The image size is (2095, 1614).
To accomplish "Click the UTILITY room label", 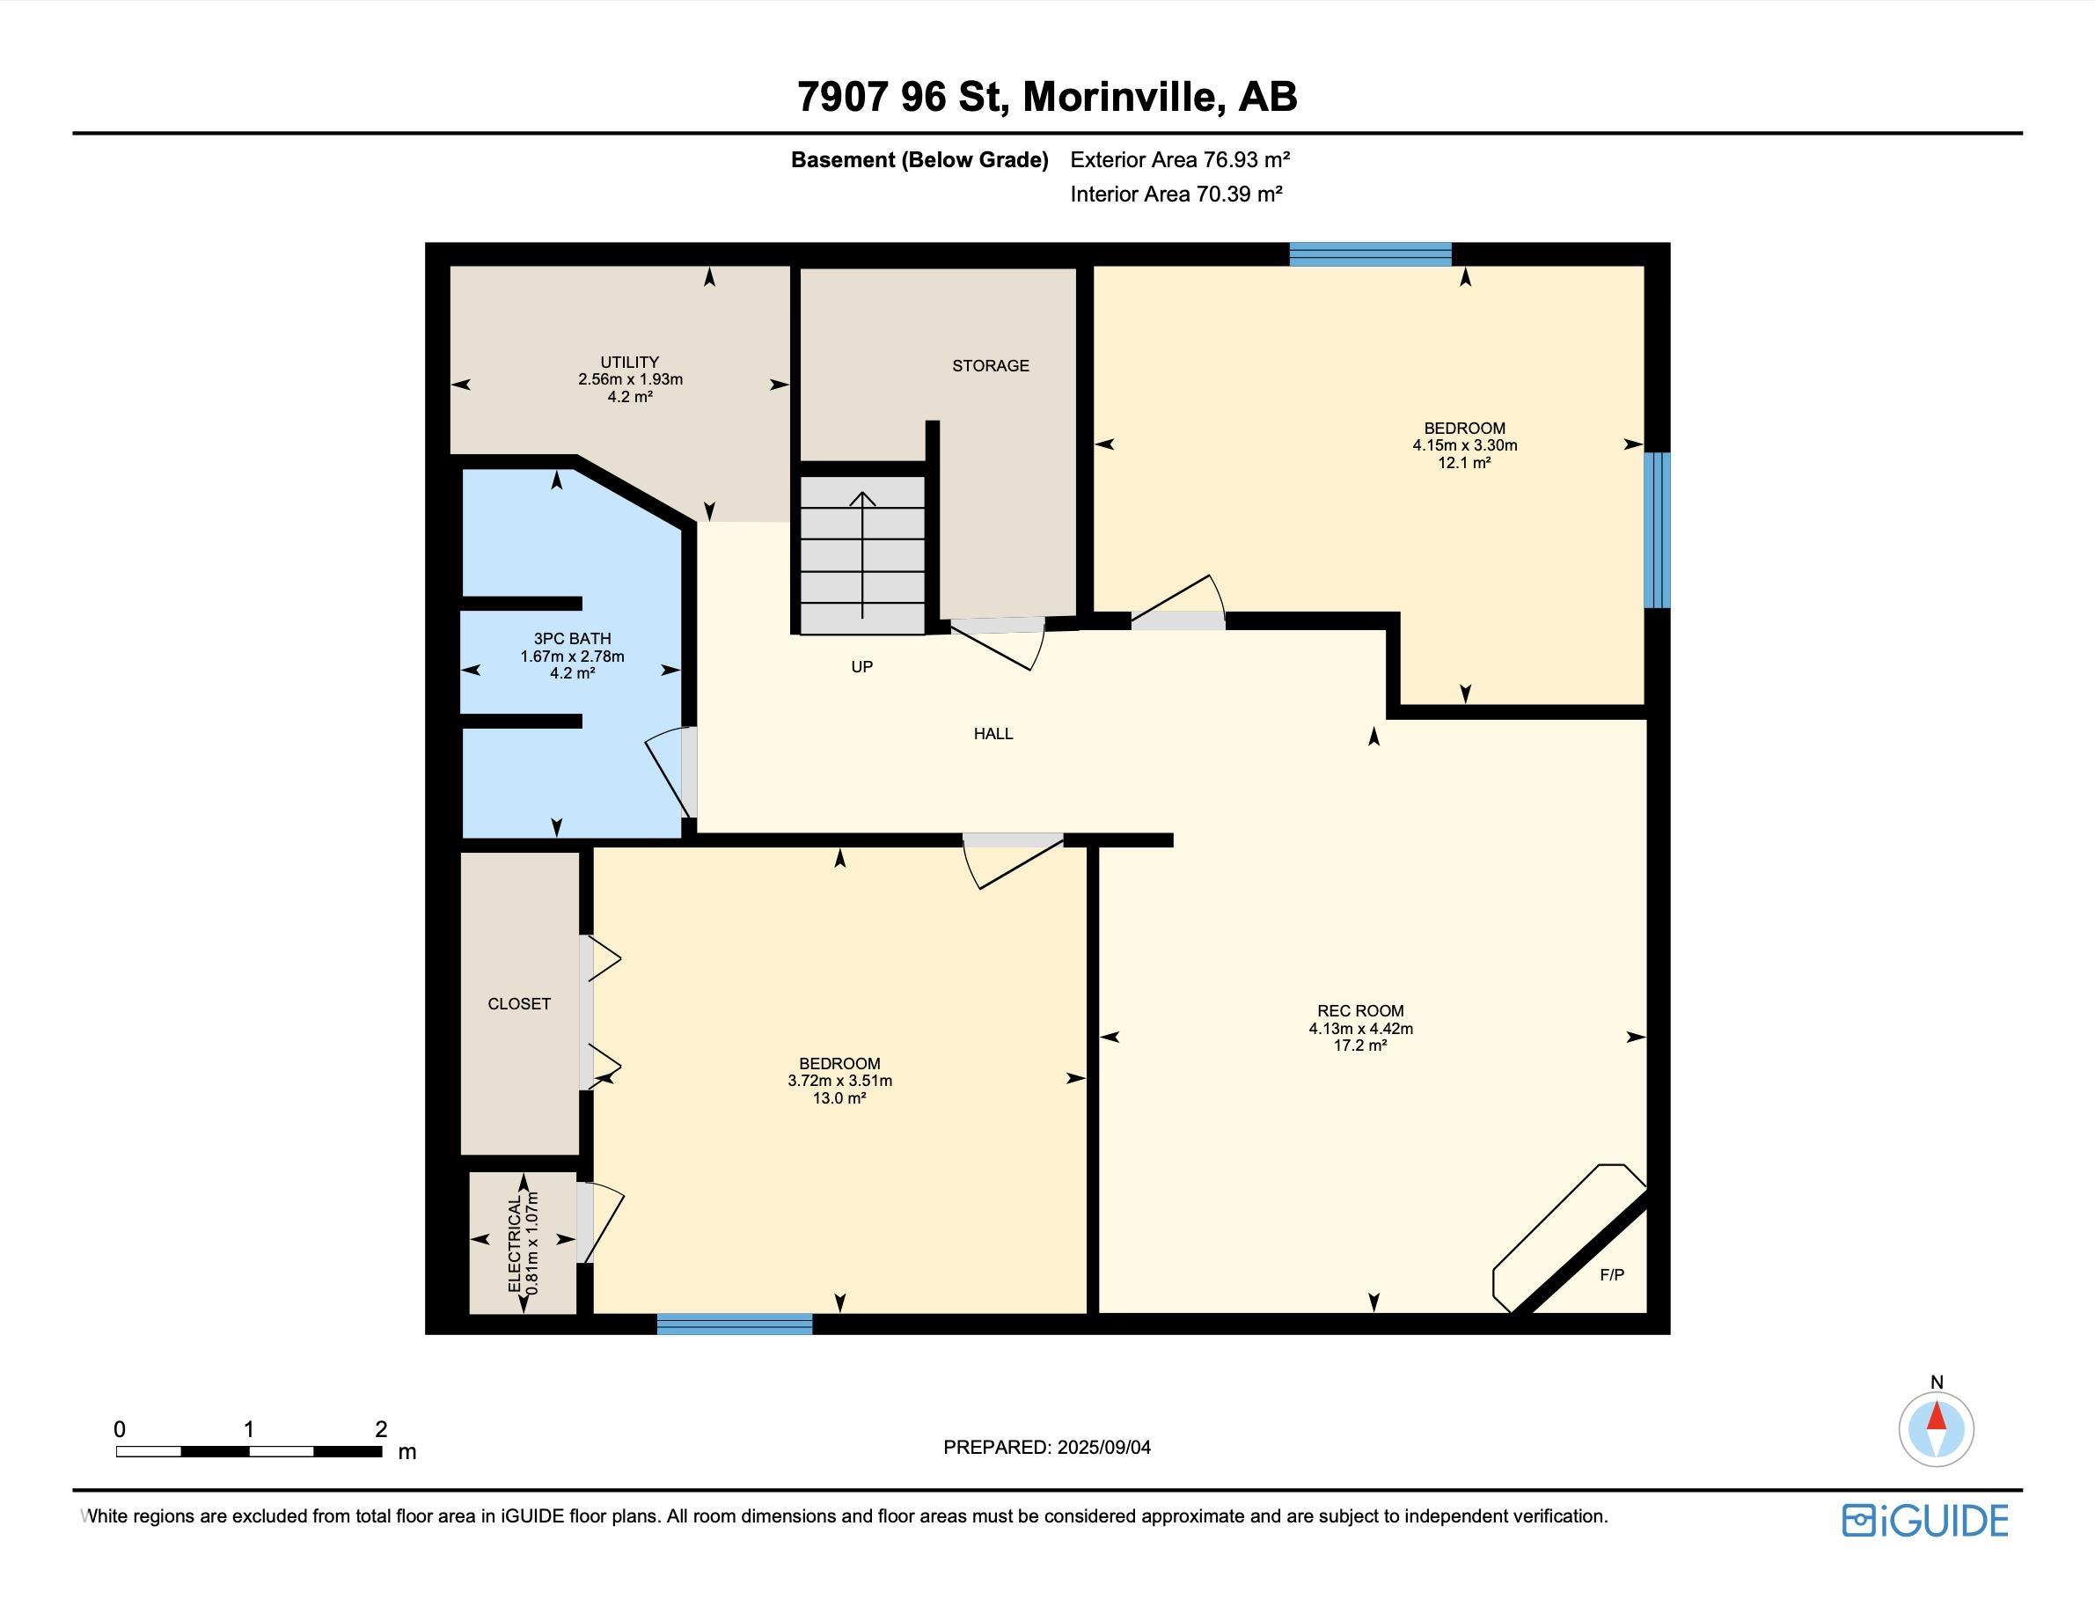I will (629, 362).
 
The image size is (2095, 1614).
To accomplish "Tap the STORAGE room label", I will (990, 365).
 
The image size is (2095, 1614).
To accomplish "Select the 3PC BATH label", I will (572, 638).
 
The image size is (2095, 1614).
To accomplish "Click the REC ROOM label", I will (1360, 1010).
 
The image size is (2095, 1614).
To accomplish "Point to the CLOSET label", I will (519, 1004).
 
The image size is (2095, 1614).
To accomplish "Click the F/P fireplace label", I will (1612, 1274).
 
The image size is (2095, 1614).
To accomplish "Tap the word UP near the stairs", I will (861, 666).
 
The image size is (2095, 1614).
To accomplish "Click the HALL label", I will (993, 733).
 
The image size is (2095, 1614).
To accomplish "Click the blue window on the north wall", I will (1370, 254).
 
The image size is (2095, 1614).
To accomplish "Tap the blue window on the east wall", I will (1657, 530).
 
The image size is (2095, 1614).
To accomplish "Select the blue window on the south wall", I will (735, 1324).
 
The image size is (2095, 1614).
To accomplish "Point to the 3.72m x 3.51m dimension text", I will (839, 1081).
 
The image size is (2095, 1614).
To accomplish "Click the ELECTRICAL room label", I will (515, 1243).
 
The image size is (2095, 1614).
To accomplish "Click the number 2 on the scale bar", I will (381, 1429).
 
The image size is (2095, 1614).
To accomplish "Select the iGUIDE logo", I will (1924, 1521).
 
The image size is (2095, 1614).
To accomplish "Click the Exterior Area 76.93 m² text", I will (1180, 159).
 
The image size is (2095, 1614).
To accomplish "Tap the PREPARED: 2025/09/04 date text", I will (1046, 1447).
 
